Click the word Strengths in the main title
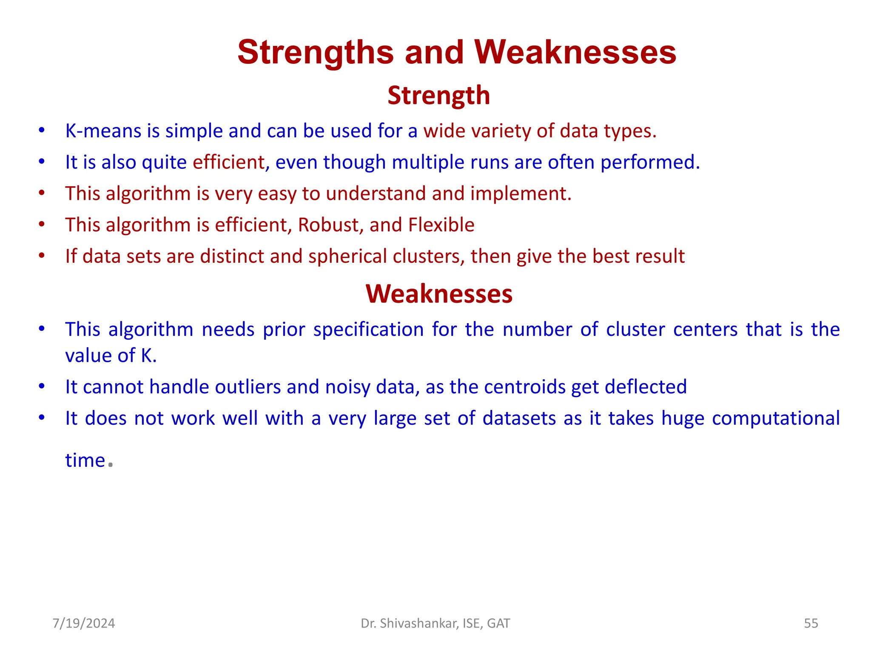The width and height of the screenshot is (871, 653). coord(316,53)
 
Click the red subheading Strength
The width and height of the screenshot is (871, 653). coord(438,95)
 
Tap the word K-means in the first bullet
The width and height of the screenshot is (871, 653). coord(103,131)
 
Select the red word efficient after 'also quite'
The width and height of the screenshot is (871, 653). coord(229,162)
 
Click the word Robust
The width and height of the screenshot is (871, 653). coord(328,225)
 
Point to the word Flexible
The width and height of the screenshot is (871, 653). coord(441,225)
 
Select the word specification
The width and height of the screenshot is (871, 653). coord(368,330)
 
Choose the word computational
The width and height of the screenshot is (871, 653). coord(776,418)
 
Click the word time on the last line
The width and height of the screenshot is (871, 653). coord(85,460)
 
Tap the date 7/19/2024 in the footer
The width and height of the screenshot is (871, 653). coord(84,623)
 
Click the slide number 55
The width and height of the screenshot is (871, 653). coord(811,623)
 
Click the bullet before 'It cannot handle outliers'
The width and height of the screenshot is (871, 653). coord(42,386)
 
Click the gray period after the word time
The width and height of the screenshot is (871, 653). coord(111,465)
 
